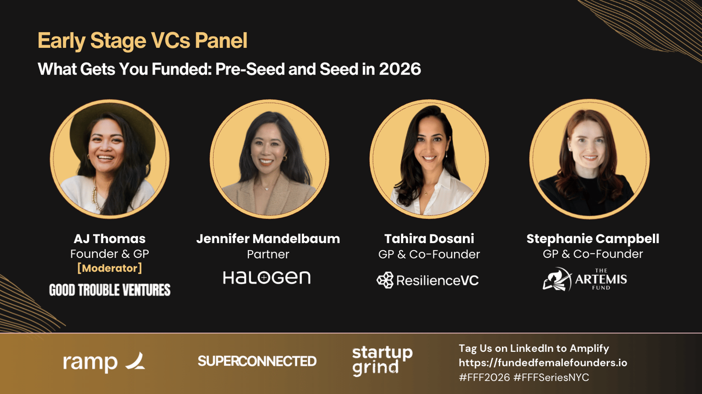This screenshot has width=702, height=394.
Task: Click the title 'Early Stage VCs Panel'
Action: pos(143,40)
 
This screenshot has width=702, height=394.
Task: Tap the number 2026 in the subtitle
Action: pos(400,69)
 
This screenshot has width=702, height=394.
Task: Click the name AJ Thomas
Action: pos(110,239)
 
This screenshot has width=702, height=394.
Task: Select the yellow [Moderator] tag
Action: pos(110,269)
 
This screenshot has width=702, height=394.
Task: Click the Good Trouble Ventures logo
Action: pos(110,290)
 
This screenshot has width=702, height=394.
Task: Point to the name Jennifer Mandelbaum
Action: pos(268,239)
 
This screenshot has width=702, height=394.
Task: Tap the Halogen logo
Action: pos(267,278)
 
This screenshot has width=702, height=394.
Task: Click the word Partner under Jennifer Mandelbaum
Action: pos(268,254)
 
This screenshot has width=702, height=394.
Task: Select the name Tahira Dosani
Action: pos(429,239)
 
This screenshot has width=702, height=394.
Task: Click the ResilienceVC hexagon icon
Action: pos(385,280)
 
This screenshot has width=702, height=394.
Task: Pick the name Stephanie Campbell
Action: pos(593,239)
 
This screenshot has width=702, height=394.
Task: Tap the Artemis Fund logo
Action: pos(585,279)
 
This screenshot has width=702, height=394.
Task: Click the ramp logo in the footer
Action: pos(104,362)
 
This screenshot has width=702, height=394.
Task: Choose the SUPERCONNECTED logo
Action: pos(257,362)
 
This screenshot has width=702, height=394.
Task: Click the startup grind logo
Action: pos(382,361)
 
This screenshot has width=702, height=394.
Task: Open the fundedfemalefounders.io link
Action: pos(543,363)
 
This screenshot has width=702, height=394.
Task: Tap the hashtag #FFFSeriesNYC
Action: pos(551,377)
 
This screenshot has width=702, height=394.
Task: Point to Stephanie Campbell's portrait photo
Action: pos(590,159)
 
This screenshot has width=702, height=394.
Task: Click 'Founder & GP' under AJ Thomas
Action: pos(110,254)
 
